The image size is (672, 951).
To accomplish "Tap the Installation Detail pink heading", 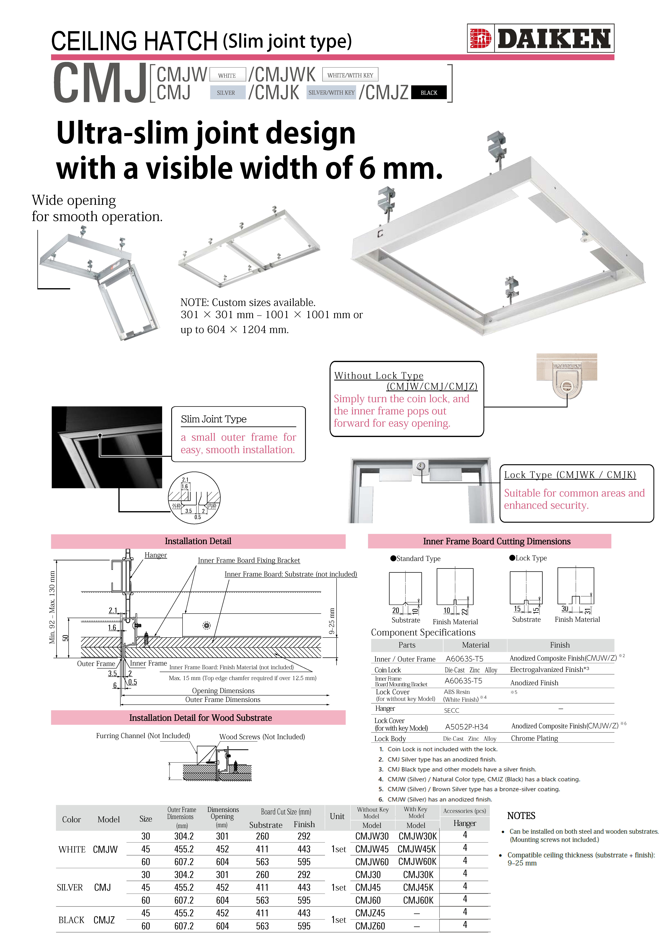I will (198, 541).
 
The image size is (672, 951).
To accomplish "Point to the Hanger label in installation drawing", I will (156, 555).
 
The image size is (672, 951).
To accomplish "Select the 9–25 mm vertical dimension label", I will (332, 621).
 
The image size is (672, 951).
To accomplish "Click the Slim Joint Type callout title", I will (214, 419).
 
